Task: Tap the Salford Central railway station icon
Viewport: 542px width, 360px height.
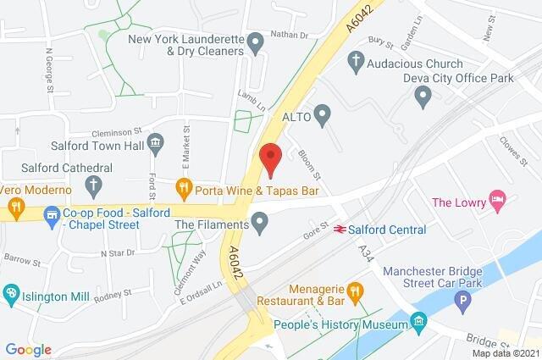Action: [x=338, y=229]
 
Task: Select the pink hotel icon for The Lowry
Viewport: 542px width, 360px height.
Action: [x=500, y=201]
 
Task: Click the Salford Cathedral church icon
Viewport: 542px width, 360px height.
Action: [x=95, y=183]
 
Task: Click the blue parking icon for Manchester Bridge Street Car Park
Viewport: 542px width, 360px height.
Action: [x=462, y=300]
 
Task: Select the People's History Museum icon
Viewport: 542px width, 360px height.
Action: [x=418, y=322]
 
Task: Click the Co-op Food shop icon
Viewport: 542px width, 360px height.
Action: [x=53, y=213]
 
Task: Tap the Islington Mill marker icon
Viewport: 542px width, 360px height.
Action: [x=11, y=294]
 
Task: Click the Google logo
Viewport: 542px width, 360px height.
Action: [x=29, y=349]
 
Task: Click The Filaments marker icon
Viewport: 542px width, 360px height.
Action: [x=261, y=224]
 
